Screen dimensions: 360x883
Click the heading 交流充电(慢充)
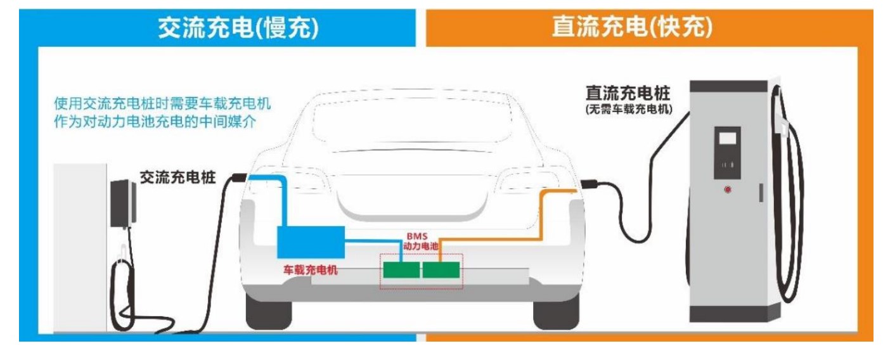pyautogui.click(x=238, y=27)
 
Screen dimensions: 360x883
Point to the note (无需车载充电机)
pyautogui.click(x=628, y=110)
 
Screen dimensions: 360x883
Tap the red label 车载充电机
pyautogui.click(x=311, y=270)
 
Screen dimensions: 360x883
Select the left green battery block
pyautogui.click(x=401, y=271)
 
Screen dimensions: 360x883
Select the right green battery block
pyautogui.click(x=441, y=271)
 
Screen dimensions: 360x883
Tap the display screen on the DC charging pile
pyautogui.click(x=727, y=138)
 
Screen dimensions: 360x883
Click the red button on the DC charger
pyautogui.click(x=727, y=190)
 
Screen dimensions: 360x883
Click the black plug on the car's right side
pyautogui.click(x=588, y=184)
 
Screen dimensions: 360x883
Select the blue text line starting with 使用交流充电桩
pyautogui.click(x=166, y=103)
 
